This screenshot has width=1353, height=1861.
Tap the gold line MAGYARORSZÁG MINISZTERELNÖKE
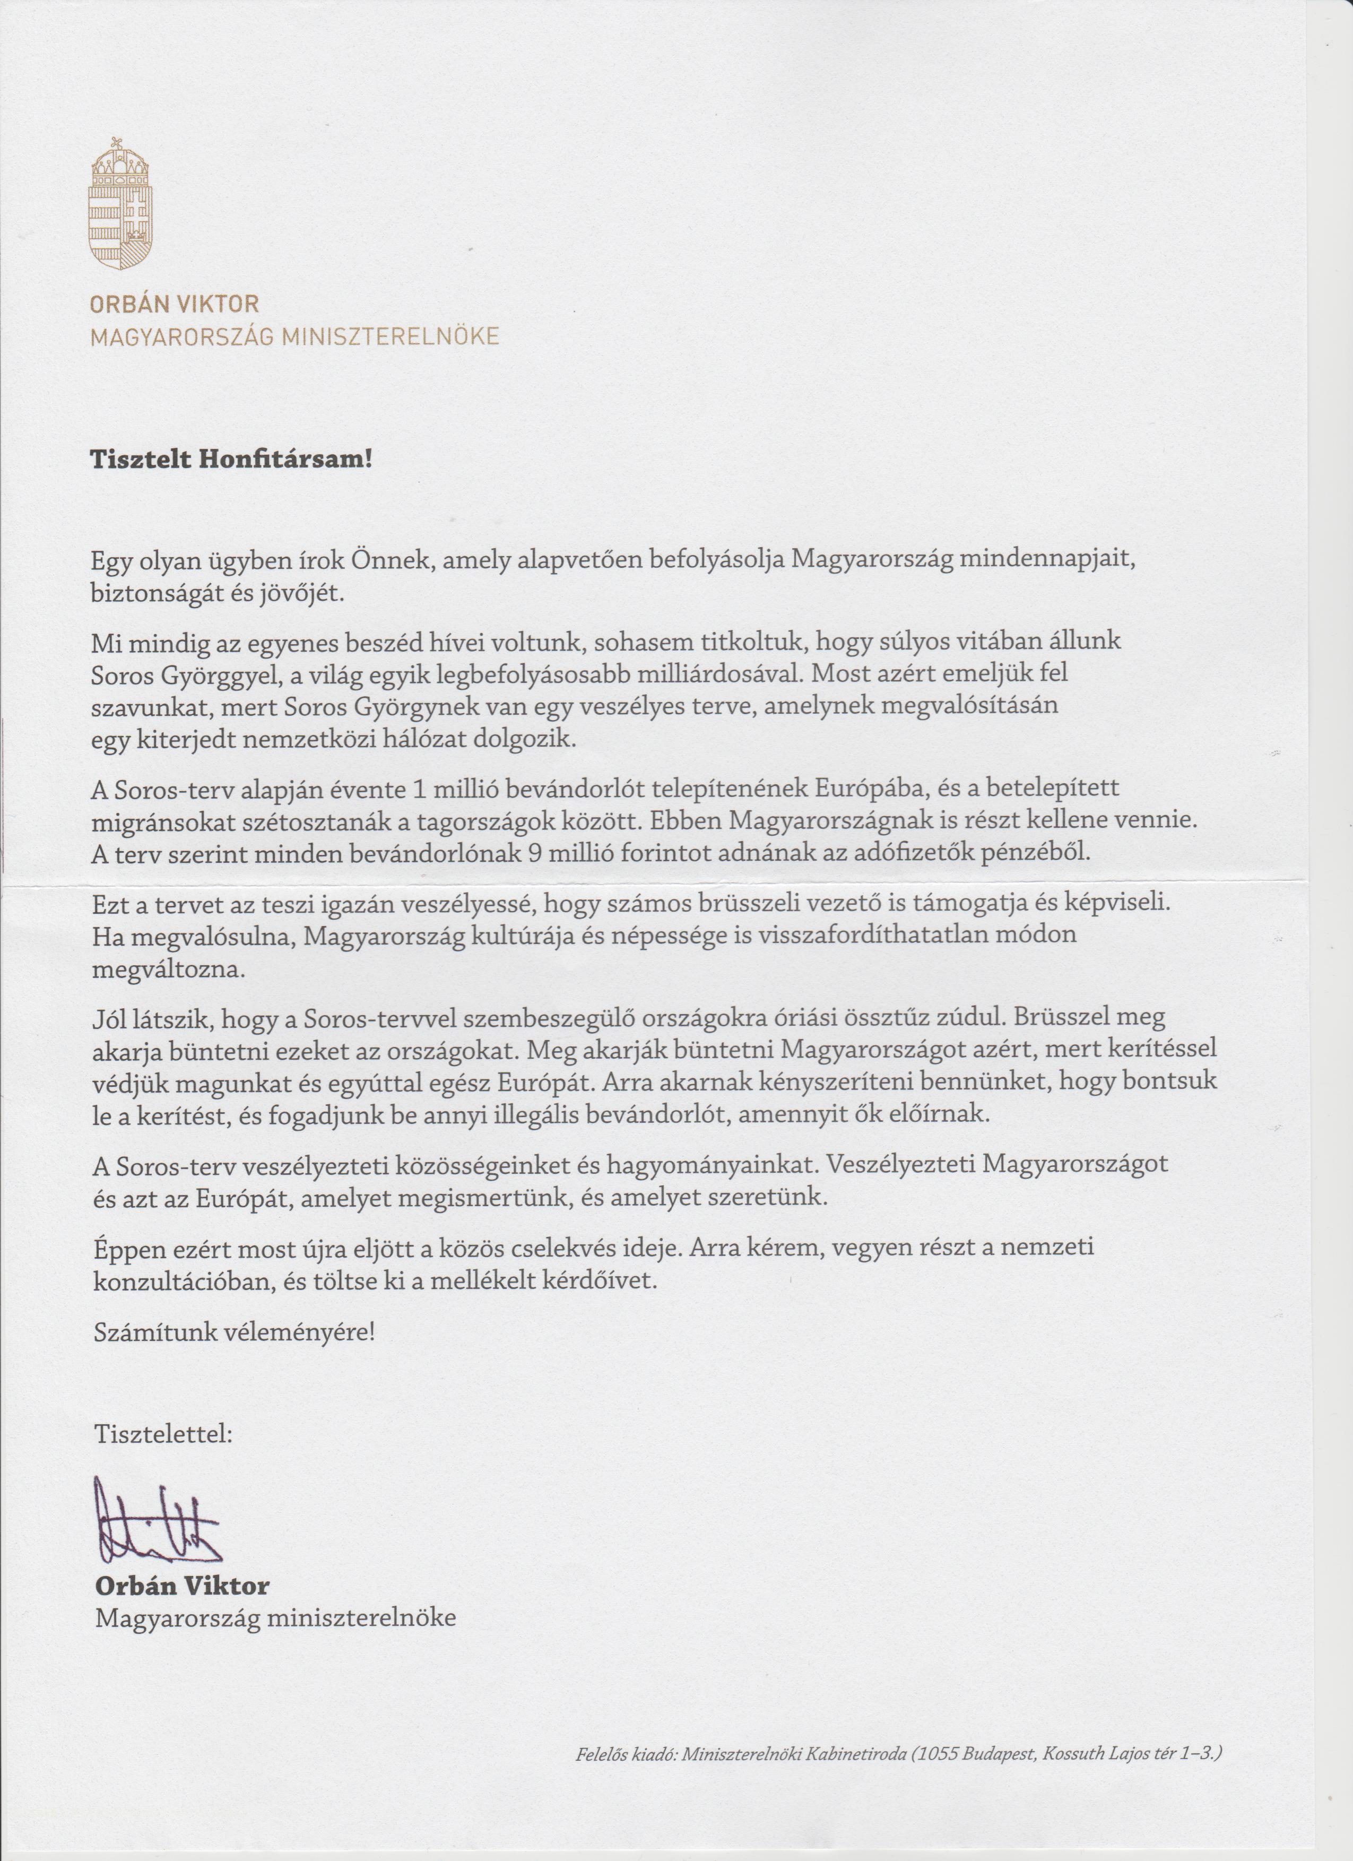(294, 337)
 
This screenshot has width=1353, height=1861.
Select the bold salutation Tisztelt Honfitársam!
(231, 458)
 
